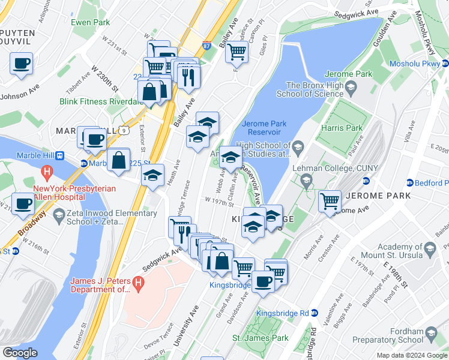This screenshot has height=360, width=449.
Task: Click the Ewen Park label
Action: pyautogui.click(x=90, y=22)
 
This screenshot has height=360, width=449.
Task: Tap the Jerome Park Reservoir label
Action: pyautogui.click(x=265, y=128)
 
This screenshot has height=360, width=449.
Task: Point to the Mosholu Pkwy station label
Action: pyautogui.click(x=415, y=64)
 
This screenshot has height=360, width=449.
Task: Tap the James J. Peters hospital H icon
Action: pyautogui.click(x=139, y=281)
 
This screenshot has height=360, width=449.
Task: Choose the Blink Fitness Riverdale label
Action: pyautogui.click(x=98, y=101)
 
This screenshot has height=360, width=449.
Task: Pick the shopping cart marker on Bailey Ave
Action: pyautogui.click(x=237, y=52)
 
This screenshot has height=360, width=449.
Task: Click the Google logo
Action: pyautogui.click(x=20, y=353)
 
